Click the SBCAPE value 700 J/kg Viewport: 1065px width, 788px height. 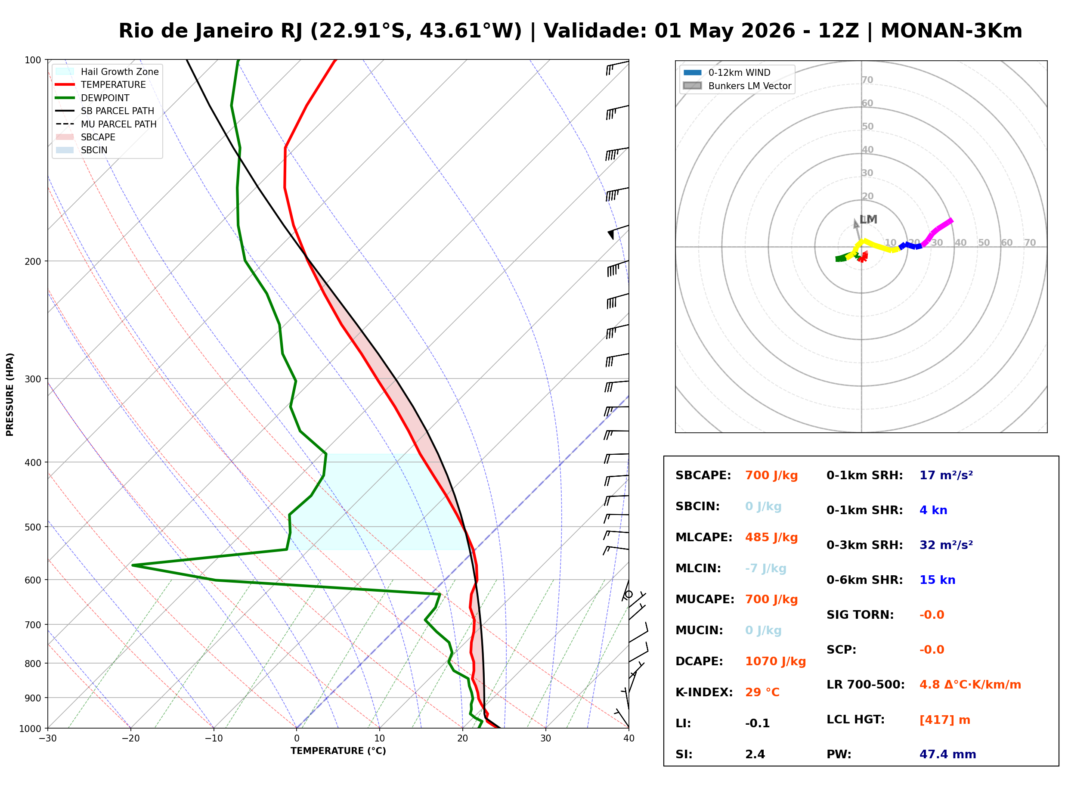pyautogui.click(x=771, y=475)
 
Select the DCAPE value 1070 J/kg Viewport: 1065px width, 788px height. pyautogui.click(x=775, y=661)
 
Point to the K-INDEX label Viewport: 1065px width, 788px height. pyautogui.click(x=704, y=692)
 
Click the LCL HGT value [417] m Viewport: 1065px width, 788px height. pyautogui.click(x=944, y=720)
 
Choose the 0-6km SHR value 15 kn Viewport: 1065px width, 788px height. pyautogui.click(x=937, y=580)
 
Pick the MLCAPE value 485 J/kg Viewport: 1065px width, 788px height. pyautogui.click(x=771, y=537)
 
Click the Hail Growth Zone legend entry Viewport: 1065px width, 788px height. pyautogui.click(x=119, y=71)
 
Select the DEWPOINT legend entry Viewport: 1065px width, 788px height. pyautogui.click(x=105, y=98)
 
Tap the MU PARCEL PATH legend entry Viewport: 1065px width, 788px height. pyautogui.click(x=118, y=124)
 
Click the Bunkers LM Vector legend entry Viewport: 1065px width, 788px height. pyautogui.click(x=749, y=86)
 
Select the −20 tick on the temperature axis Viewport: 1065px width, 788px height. pyautogui.click(x=130, y=738)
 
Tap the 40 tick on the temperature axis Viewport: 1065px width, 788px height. pyautogui.click(x=628, y=738)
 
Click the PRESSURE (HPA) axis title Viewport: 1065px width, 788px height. pyautogui.click(x=10, y=394)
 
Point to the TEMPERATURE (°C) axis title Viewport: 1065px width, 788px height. pyautogui.click(x=338, y=751)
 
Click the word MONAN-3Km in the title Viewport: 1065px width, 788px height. pyautogui.click(x=951, y=31)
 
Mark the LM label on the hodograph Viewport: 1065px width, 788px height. pyautogui.click(x=868, y=220)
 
